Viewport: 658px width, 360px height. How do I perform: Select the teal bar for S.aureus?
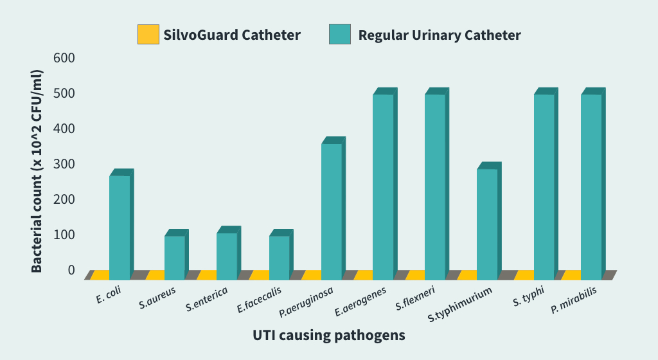[x=175, y=254]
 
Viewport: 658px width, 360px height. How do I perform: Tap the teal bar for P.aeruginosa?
[x=332, y=208]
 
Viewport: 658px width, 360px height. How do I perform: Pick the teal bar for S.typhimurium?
[x=487, y=221]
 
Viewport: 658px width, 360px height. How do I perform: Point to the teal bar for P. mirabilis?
[x=591, y=183]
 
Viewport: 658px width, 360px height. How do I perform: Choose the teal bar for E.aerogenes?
[x=384, y=183]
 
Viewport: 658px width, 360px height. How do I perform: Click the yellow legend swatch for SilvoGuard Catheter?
[x=148, y=35]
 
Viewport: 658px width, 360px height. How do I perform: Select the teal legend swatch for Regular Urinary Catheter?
[x=340, y=35]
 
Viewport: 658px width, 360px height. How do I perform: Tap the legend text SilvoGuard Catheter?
[x=231, y=35]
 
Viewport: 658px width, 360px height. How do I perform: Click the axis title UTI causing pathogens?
[x=329, y=335]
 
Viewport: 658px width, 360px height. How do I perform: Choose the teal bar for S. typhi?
[x=544, y=183]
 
